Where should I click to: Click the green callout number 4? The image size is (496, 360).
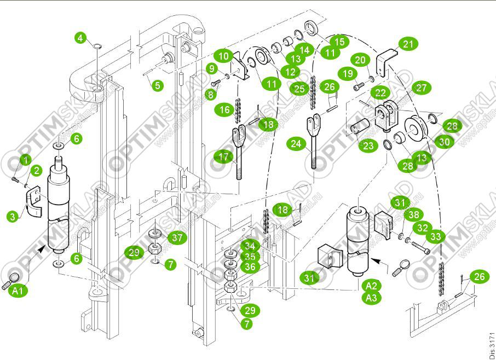click(x=81, y=38)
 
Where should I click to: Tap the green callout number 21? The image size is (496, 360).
click(x=407, y=44)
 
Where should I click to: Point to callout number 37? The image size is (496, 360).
click(x=176, y=237)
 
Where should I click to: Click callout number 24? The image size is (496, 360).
click(x=296, y=144)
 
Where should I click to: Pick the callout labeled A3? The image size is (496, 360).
click(x=372, y=298)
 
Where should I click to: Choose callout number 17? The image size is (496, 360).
click(x=223, y=157)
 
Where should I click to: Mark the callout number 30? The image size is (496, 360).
click(x=446, y=141)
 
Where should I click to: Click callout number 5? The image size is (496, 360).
click(x=158, y=85)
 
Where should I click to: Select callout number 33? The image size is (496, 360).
click(x=436, y=236)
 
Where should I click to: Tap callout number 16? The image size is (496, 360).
click(x=224, y=109)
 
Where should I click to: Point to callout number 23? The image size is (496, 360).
click(x=368, y=146)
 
